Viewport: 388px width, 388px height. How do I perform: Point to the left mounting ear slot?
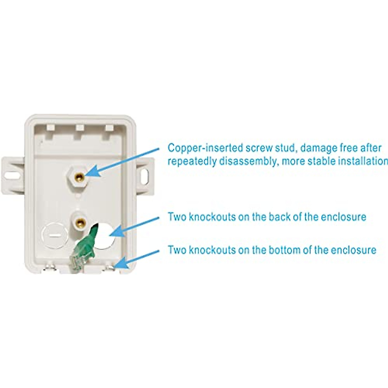12,175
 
